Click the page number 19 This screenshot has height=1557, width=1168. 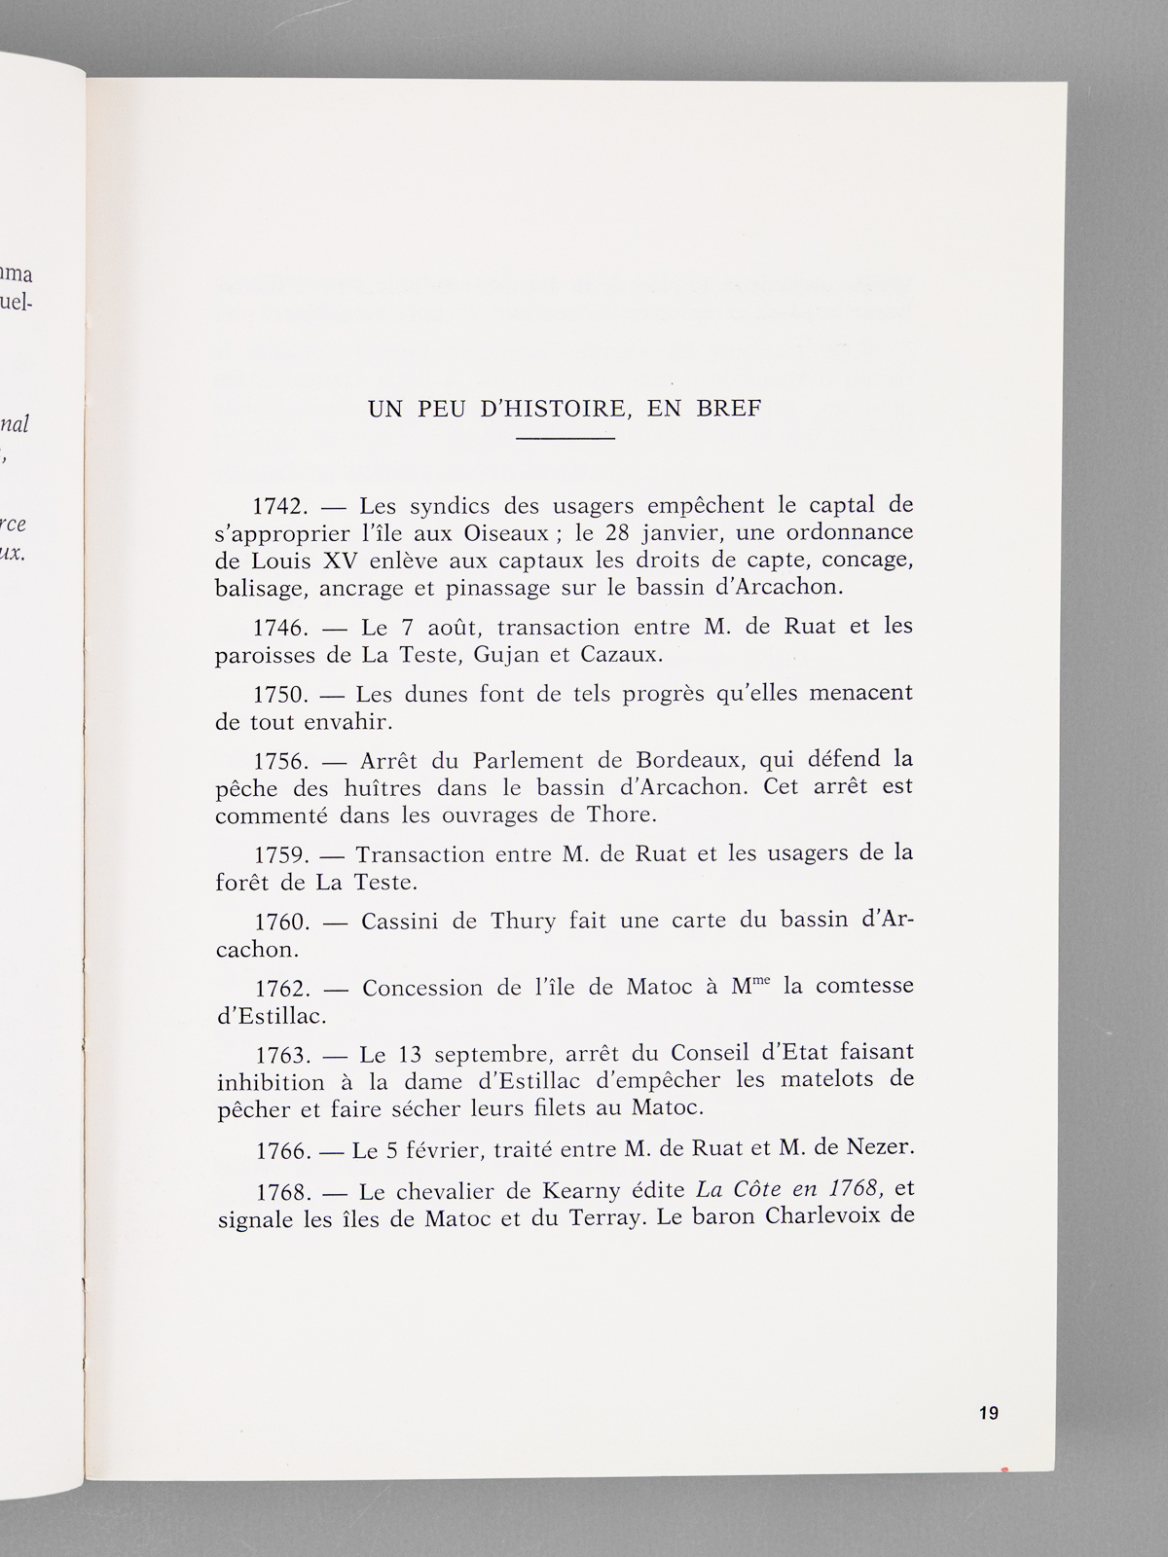click(x=989, y=1413)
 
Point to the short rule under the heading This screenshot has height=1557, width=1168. click(x=565, y=440)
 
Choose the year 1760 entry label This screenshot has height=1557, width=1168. click(x=282, y=921)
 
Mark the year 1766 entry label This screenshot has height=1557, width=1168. click(x=283, y=1151)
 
